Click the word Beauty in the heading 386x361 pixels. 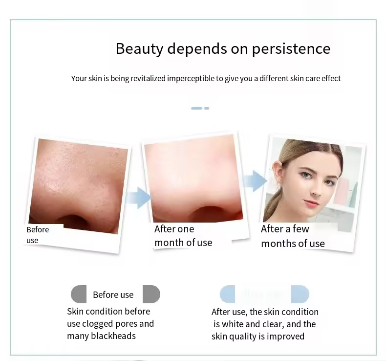(139, 49)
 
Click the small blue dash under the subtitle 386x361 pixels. (199, 108)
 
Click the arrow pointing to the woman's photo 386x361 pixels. (255, 181)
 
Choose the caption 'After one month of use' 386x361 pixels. (183, 235)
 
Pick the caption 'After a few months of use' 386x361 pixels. (292, 236)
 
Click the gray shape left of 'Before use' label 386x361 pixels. (79, 294)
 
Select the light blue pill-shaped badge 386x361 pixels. (264, 294)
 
